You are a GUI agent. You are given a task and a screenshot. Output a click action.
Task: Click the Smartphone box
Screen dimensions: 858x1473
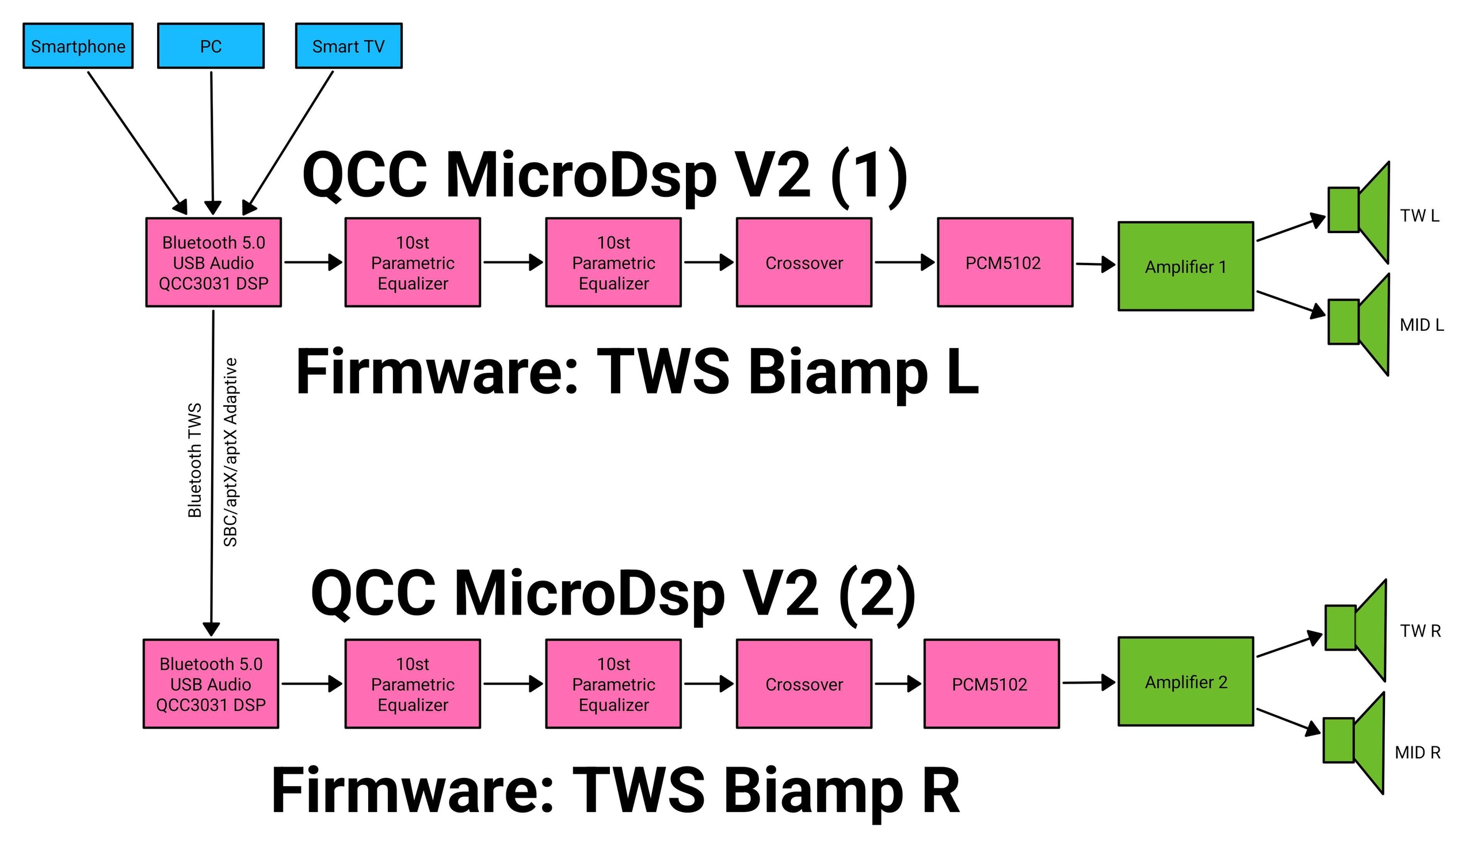point(78,46)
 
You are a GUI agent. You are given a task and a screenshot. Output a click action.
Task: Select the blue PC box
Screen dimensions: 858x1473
point(211,46)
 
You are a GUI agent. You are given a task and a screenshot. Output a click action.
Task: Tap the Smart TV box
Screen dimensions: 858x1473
point(348,46)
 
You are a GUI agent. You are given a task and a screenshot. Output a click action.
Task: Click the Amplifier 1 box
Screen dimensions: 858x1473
point(1185,266)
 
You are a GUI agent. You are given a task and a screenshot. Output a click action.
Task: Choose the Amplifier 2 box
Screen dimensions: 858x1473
point(1185,682)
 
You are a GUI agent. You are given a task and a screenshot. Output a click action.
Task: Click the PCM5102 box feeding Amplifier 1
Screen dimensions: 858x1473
point(1004,262)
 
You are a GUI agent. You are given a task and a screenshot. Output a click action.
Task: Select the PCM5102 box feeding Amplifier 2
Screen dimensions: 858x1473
point(991,684)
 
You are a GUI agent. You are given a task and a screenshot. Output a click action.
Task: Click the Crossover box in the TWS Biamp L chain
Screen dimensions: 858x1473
point(804,262)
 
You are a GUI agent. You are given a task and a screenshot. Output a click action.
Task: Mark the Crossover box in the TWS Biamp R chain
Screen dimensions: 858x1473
point(804,684)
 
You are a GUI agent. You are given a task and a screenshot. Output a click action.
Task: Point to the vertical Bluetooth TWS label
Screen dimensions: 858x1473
point(194,460)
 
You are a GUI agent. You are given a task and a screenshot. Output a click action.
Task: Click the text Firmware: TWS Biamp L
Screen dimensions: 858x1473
point(637,372)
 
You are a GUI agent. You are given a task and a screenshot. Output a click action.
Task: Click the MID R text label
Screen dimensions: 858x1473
point(1417,753)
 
